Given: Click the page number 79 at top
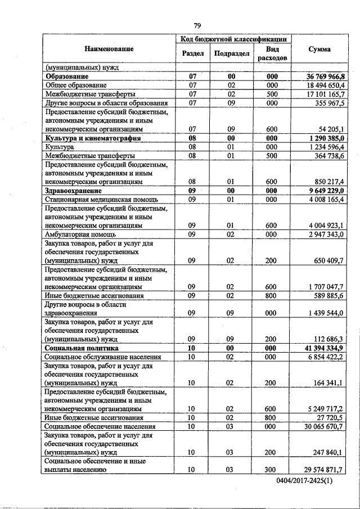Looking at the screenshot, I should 197,26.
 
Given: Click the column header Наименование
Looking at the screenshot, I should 110,49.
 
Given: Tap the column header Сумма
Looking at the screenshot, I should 319,49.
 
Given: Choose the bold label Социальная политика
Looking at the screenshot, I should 82,348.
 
